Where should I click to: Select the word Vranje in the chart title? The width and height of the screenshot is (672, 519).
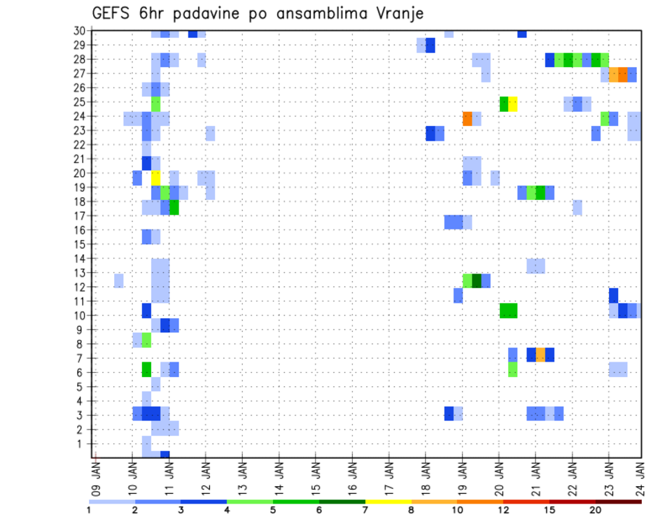[400, 14]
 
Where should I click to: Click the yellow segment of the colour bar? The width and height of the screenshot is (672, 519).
[388, 502]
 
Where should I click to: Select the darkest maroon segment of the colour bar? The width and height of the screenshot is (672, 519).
[618, 502]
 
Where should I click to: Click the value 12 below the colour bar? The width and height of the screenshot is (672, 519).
[503, 510]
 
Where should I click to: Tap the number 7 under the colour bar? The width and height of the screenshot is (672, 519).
[365, 510]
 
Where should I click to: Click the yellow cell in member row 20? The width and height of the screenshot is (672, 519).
[155, 178]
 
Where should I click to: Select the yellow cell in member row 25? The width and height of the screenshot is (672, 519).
[512, 104]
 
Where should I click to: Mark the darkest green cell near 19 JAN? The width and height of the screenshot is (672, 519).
[477, 280]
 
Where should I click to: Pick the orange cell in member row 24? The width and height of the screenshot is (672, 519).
[467, 119]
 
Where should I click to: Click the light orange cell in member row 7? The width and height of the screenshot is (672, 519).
[540, 355]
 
